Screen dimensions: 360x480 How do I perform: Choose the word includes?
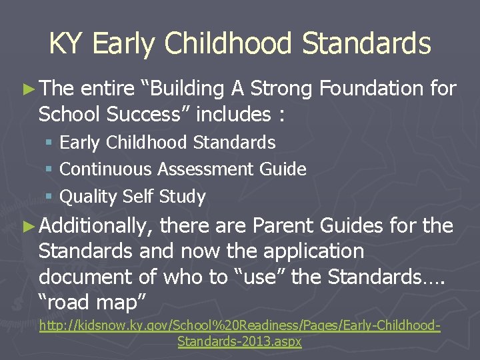point(233,115)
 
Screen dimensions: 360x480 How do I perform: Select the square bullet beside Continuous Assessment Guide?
point(49,170)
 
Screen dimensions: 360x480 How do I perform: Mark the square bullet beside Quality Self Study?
point(49,197)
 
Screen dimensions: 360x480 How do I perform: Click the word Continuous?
point(106,170)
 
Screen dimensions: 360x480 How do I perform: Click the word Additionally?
point(94,226)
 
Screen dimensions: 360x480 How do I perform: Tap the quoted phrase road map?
point(93,302)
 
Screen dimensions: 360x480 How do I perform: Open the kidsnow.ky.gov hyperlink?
point(240,327)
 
